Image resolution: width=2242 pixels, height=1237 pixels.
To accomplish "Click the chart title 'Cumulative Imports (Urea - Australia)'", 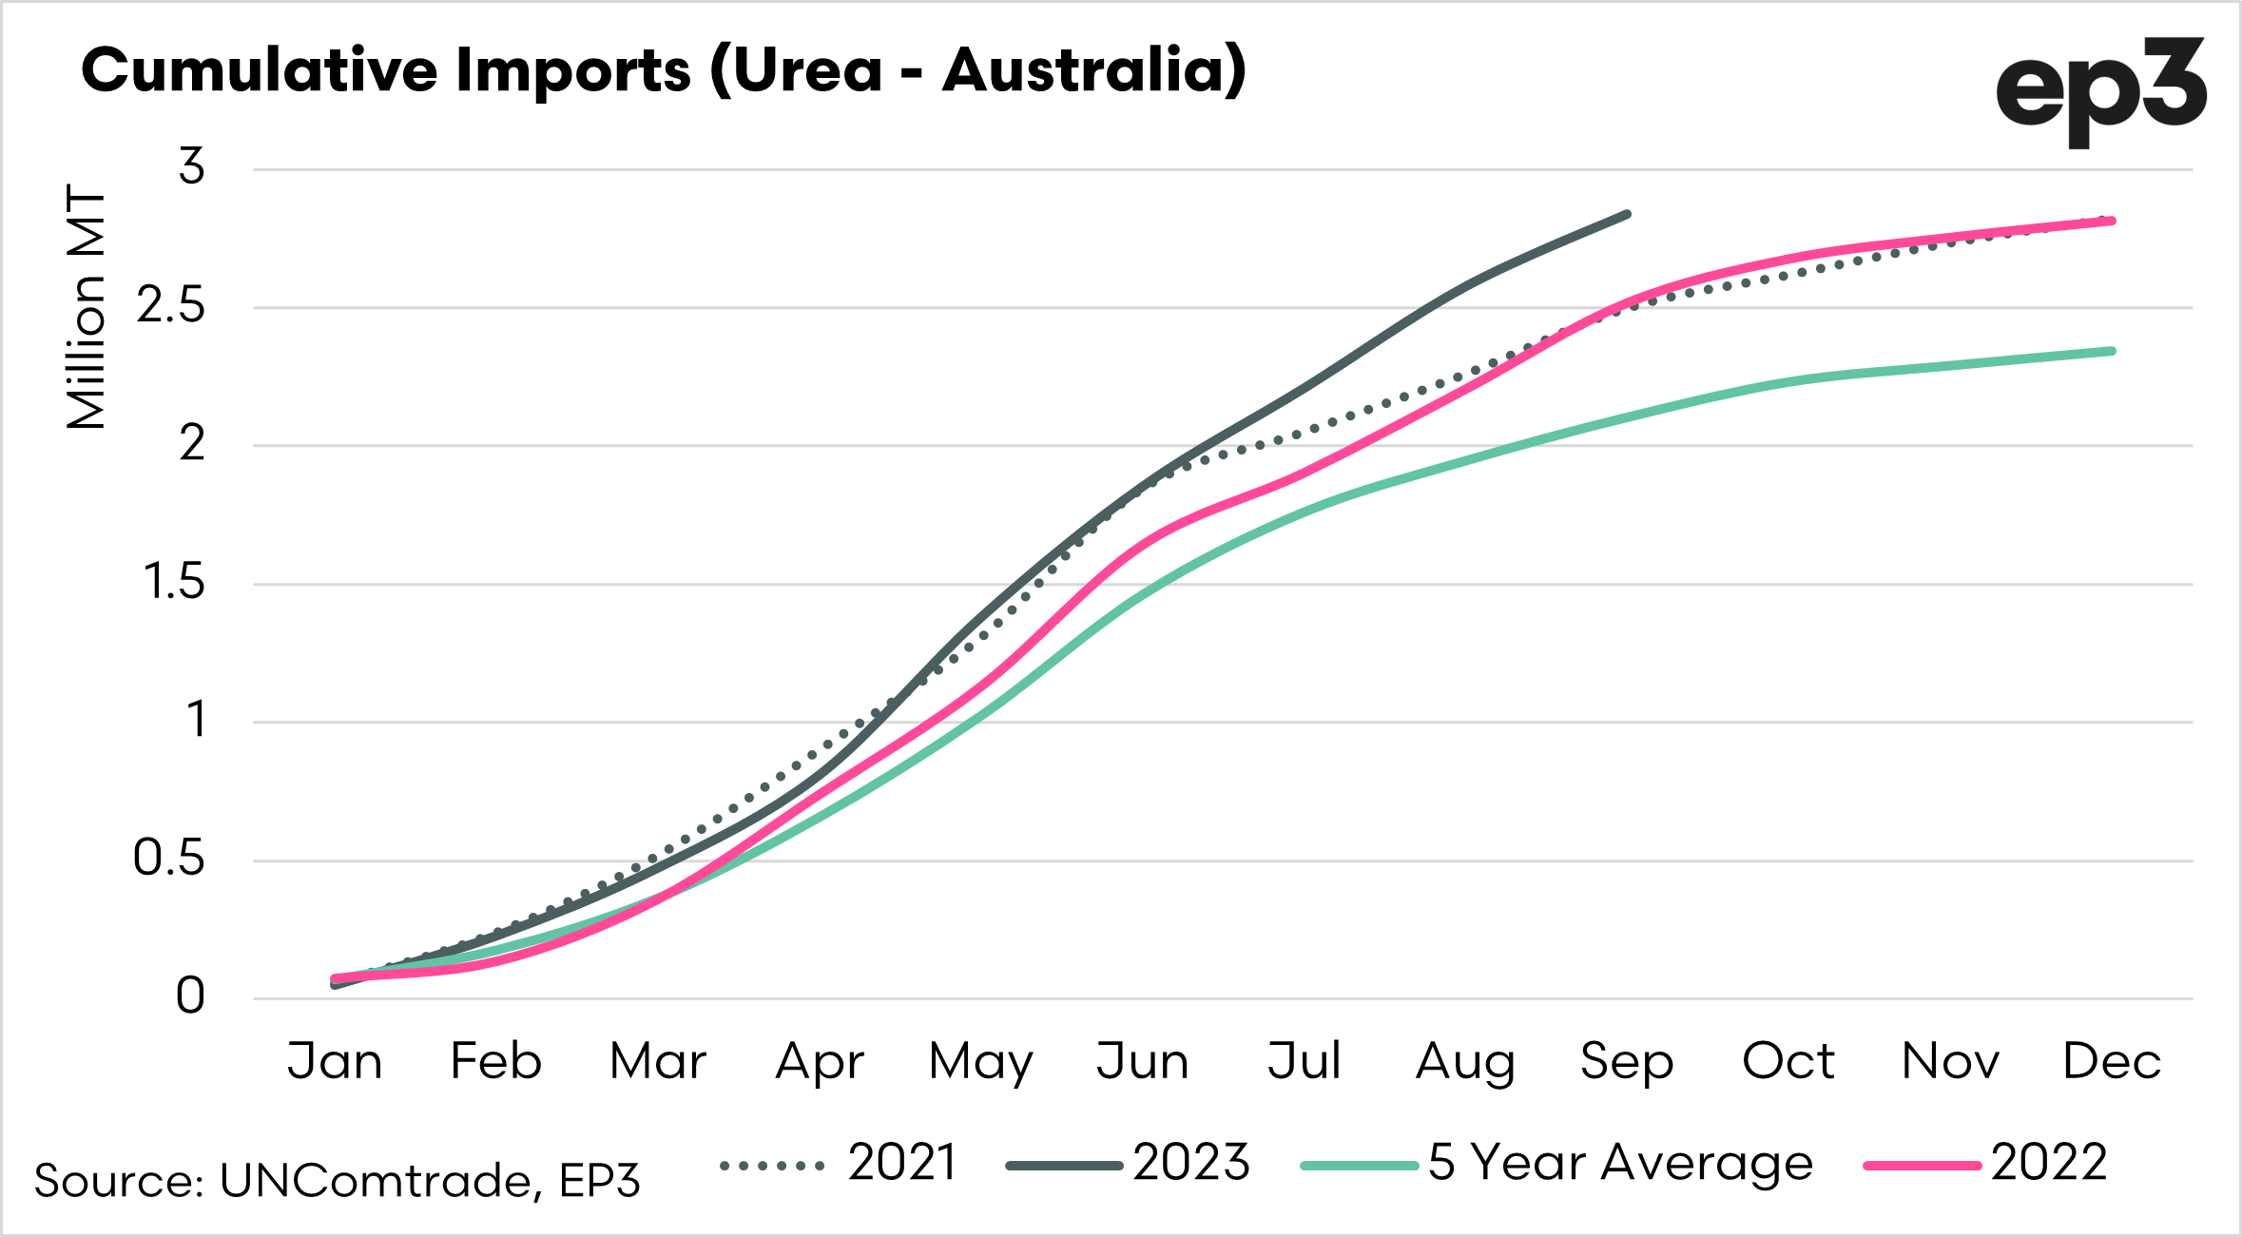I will (664, 70).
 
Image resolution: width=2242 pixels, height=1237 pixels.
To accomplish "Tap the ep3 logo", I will (2099, 91).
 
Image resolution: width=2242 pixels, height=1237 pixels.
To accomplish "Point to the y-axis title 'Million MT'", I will (87, 307).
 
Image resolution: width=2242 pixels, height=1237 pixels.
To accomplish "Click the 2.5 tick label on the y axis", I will (171, 306).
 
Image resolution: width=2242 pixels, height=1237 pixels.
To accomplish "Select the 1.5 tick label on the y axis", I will (174, 582).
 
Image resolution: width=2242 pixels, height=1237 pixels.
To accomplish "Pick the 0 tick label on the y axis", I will (190, 996).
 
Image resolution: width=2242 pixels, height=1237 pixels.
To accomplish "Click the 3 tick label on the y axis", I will (192, 167).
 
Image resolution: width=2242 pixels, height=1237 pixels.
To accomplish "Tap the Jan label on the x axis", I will (335, 1061).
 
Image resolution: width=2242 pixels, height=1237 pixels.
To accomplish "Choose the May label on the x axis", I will (980, 1061).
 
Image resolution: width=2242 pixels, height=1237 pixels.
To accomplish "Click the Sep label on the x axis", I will (1627, 1061).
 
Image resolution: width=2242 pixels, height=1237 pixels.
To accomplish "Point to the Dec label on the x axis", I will (2112, 1061).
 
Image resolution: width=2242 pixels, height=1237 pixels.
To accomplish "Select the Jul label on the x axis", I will (1304, 1061).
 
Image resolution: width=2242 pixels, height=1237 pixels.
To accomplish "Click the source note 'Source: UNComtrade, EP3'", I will (338, 1181).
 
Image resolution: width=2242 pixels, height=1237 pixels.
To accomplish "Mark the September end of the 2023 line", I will (1628, 215).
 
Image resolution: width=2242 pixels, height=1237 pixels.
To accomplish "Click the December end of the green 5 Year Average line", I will (2112, 352).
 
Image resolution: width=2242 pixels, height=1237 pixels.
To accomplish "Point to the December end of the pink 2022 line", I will (2112, 222).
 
